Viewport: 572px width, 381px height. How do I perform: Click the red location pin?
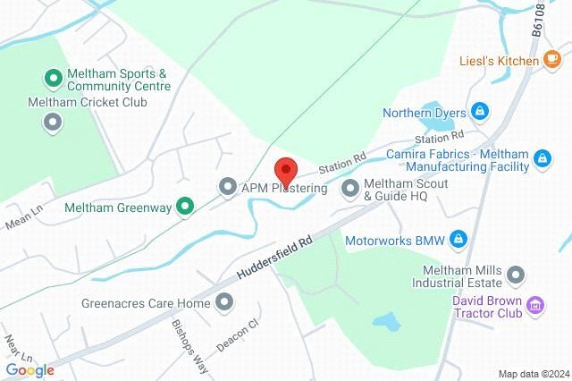pos(285,171)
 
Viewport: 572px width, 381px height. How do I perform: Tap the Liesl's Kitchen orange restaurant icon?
pos(553,60)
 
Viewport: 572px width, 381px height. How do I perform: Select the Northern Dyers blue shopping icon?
pos(479,111)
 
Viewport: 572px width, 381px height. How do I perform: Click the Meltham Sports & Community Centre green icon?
pos(53,79)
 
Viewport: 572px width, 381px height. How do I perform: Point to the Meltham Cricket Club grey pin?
pos(53,122)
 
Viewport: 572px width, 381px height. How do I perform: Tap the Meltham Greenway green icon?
pos(185,207)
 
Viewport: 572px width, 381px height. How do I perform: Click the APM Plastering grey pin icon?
pos(228,187)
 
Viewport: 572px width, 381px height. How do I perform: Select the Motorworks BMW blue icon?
pos(458,239)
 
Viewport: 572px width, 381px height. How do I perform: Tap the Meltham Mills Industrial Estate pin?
pos(516,274)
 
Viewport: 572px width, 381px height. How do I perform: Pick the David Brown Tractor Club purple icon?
pos(535,306)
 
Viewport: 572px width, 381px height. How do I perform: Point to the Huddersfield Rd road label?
pos(273,256)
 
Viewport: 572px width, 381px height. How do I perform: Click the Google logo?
pos(30,369)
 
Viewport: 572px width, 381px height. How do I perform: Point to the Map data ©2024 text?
pos(534,373)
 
